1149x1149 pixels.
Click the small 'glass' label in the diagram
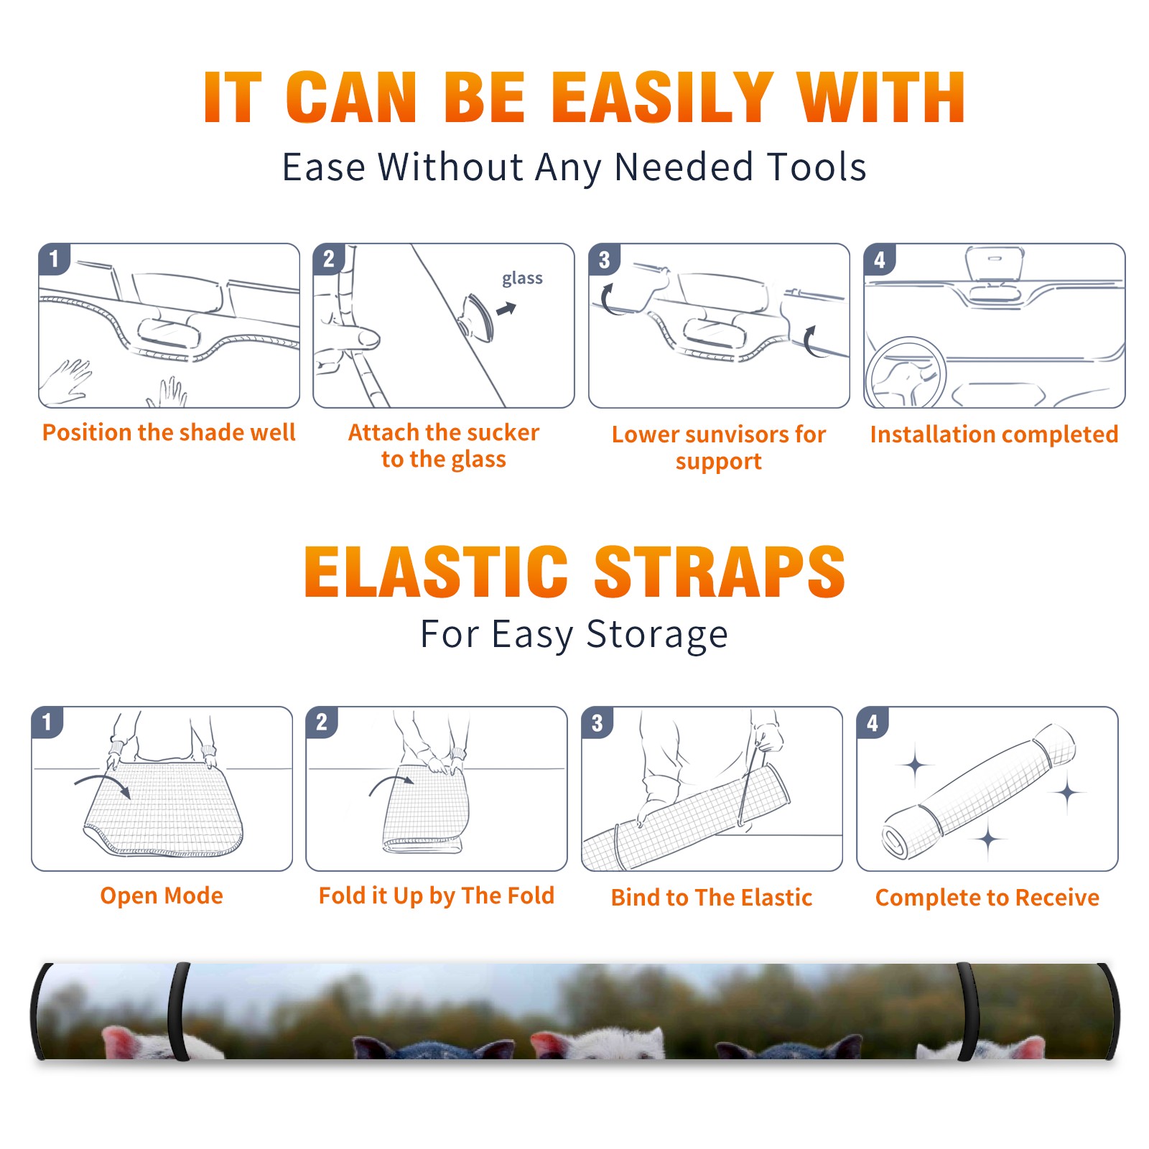click(522, 279)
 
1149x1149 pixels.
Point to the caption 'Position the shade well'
click(169, 432)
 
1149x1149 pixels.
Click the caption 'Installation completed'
click(994, 434)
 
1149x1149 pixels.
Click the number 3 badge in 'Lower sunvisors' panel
click(604, 259)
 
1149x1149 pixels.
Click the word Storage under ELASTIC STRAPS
click(657, 635)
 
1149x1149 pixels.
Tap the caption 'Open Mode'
click(162, 896)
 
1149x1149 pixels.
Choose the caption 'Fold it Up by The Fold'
click(437, 896)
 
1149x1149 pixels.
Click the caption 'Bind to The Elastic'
click(712, 898)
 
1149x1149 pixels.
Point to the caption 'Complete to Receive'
click(987, 898)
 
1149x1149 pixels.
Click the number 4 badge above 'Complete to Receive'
click(873, 722)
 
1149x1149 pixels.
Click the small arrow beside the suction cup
click(507, 309)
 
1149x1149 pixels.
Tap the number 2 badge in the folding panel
click(321, 722)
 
